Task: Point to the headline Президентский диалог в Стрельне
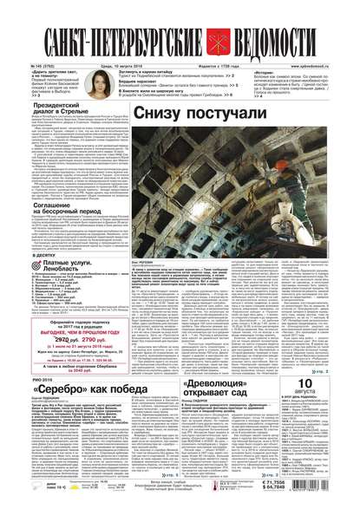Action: pos(65,111)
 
